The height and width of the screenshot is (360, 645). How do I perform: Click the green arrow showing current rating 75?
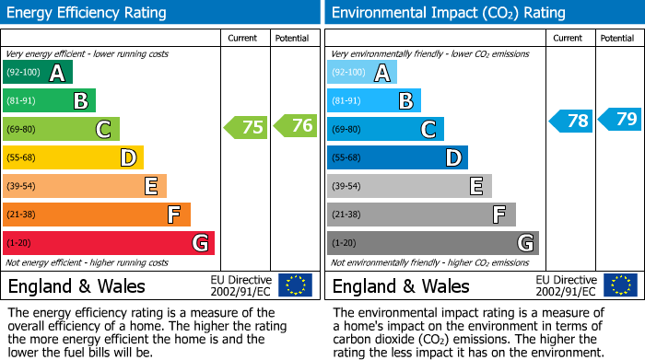click(246, 127)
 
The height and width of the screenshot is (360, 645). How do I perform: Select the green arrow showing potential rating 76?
click(295, 126)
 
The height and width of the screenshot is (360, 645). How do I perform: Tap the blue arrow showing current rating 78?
click(571, 121)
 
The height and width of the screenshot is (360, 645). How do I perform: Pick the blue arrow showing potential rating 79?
click(620, 119)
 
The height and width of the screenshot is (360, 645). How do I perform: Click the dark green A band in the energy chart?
click(38, 73)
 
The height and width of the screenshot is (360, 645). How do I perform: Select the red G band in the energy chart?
click(109, 243)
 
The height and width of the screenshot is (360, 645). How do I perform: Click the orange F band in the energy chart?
click(97, 215)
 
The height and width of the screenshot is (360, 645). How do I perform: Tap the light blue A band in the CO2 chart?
click(362, 73)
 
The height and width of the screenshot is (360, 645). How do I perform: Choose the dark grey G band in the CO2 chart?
click(433, 243)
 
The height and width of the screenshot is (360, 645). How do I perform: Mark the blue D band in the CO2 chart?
click(397, 158)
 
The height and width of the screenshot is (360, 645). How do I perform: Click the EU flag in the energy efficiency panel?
click(295, 285)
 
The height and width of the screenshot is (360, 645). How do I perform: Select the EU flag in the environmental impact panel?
click(619, 285)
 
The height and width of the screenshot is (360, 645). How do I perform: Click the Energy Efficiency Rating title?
click(88, 13)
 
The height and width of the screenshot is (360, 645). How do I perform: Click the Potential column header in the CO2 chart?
click(616, 39)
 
